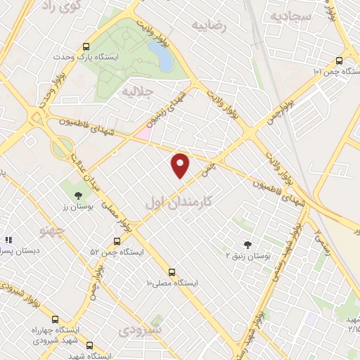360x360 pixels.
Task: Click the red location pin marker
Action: coord(181,165)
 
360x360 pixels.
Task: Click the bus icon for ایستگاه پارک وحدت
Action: coord(86,43)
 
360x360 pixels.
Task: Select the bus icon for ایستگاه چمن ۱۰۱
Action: coord(339,60)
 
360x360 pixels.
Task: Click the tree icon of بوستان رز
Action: coord(78,195)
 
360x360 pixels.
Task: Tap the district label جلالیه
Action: coord(138,91)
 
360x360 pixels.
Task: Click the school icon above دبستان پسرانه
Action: coord(9,240)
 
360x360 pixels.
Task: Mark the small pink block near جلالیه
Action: coord(143,131)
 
